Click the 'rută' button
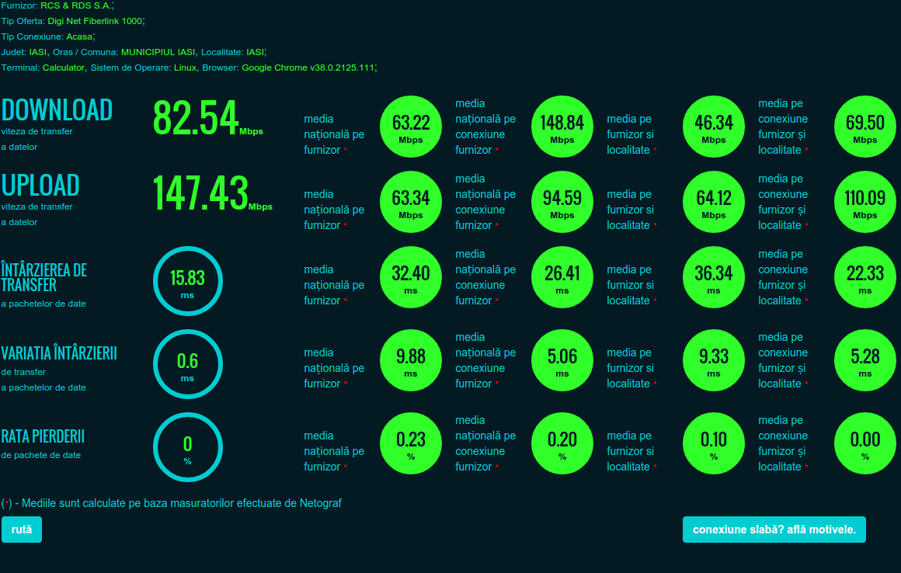pos(22,530)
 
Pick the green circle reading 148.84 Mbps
pos(562,127)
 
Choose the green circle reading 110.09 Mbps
pos(864,202)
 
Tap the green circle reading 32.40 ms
pos(411,277)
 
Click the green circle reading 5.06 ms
pos(562,360)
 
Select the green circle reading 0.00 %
pos(864,443)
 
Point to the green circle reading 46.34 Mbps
pos(714,127)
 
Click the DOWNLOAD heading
pos(57,110)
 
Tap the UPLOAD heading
pos(40,186)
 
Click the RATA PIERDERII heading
pos(43,436)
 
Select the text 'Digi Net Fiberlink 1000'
pos(95,21)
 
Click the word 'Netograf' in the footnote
pos(321,504)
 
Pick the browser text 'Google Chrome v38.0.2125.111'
pos(308,68)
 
